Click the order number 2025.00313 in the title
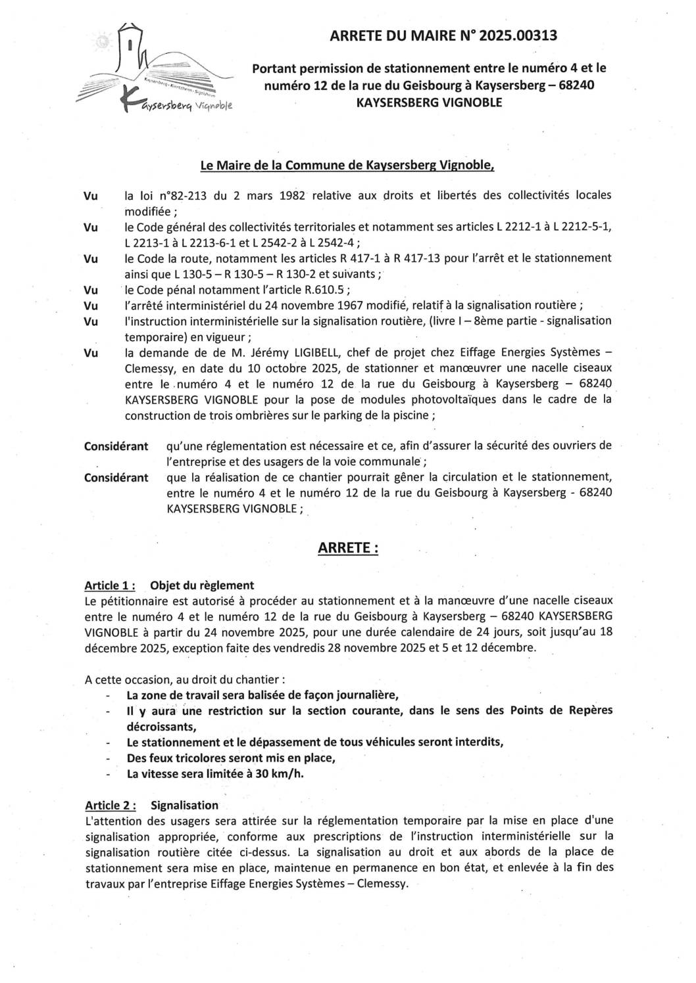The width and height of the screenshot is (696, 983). [518, 36]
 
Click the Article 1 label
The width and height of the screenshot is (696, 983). [110, 585]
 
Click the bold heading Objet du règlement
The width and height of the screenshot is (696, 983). [202, 585]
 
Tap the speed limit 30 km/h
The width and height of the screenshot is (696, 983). [279, 773]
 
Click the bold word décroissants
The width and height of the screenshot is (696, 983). [161, 726]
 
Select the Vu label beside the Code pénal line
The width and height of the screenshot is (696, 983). [91, 290]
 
